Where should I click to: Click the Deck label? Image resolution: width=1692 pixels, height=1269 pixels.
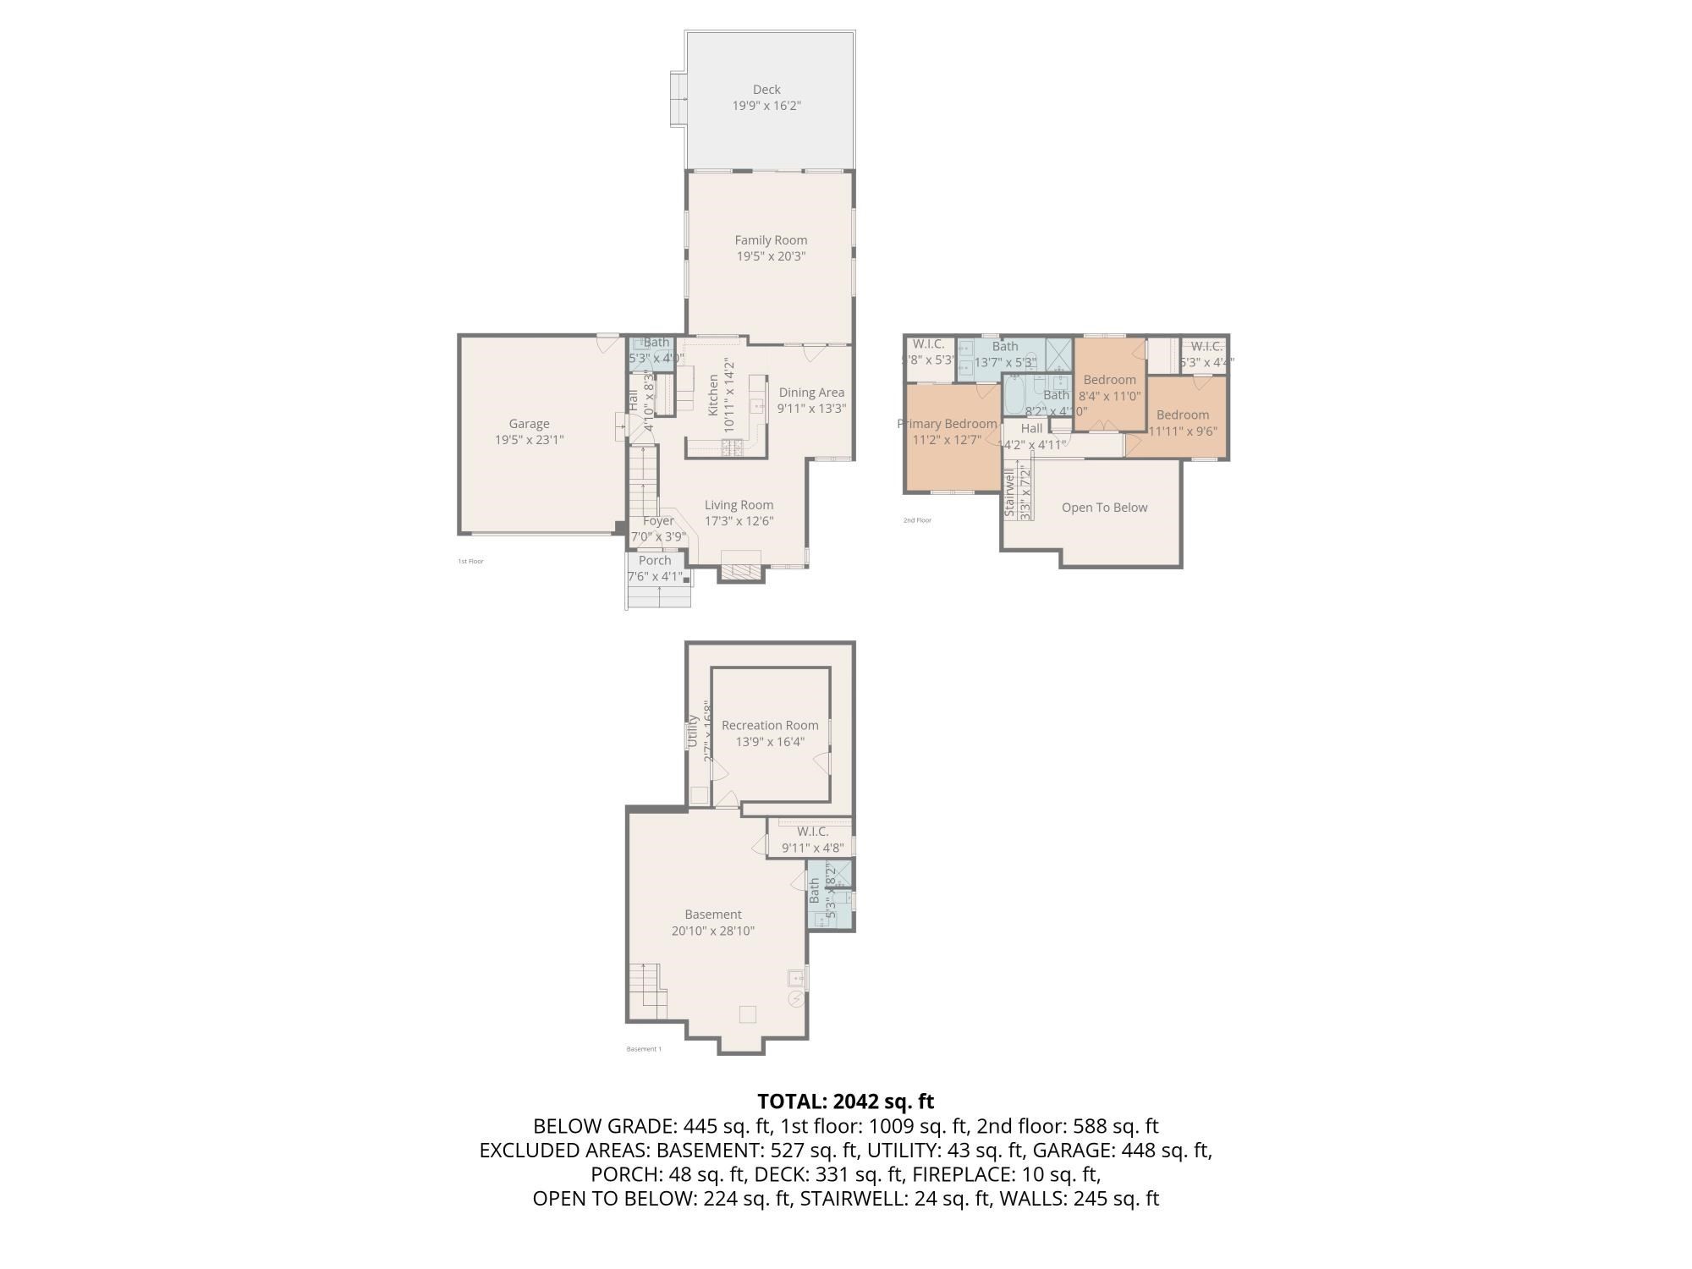766,90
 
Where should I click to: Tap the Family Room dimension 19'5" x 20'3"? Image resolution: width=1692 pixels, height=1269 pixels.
770,256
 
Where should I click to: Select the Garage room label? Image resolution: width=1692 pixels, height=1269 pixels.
529,424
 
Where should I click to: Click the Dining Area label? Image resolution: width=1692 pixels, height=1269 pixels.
811,393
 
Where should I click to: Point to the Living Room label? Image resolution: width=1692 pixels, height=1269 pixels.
739,505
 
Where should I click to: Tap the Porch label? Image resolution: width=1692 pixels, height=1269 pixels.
655,561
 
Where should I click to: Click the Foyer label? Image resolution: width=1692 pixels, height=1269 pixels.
658,521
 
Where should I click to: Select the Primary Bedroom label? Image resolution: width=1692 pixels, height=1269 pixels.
947,424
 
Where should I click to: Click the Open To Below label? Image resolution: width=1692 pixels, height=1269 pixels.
1104,508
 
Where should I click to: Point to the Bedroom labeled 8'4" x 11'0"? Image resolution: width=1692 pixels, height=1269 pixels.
1109,380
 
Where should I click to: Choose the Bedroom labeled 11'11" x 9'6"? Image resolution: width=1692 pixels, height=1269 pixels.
1182,415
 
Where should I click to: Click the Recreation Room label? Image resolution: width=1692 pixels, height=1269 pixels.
770,725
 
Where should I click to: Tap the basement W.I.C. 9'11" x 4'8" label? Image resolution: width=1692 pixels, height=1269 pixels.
812,832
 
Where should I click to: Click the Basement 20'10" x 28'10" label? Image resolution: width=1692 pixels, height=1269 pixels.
713,915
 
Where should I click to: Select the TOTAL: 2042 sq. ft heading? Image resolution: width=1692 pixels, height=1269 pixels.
845,1101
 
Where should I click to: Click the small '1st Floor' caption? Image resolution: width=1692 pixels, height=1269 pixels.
470,562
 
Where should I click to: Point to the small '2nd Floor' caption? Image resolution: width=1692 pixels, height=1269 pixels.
917,520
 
